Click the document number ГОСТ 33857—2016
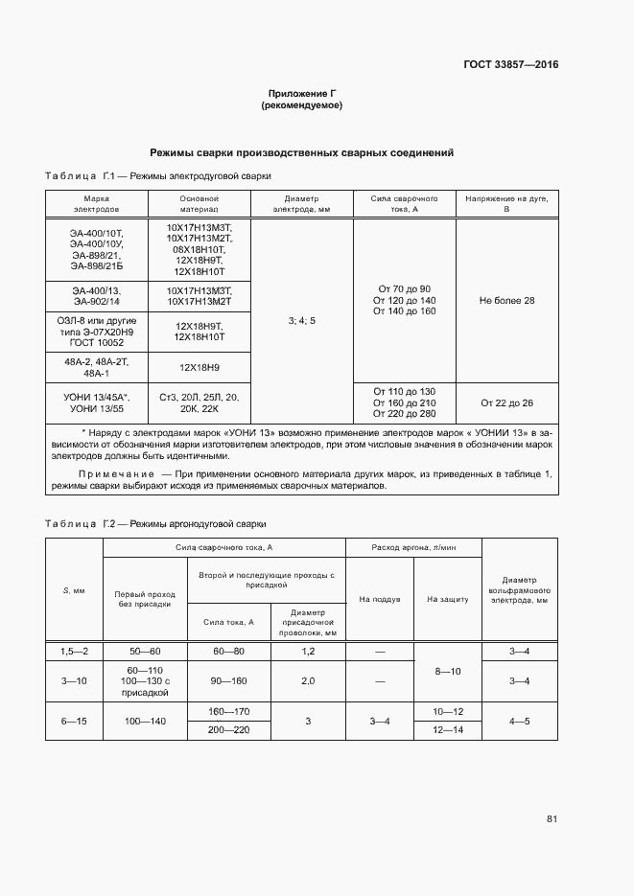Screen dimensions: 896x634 tap(509, 65)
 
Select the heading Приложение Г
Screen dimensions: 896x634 tap(302, 94)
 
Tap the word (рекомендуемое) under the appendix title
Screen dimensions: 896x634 tap(302, 105)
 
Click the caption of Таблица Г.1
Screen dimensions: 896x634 tap(158, 176)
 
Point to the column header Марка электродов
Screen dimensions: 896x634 tap(96, 202)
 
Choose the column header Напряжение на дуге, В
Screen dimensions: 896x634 tap(506, 202)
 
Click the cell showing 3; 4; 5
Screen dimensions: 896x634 tap(301, 319)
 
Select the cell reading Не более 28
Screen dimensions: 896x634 tap(506, 301)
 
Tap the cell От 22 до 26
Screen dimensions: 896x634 tap(506, 402)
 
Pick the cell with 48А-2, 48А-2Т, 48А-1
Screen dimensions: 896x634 tap(96, 367)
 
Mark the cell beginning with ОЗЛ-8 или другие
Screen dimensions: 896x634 tap(96, 331)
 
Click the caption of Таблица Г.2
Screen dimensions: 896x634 tap(155, 524)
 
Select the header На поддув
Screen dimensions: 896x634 tap(379, 599)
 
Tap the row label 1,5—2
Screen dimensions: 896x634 tap(74, 651)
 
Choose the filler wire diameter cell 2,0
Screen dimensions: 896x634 tap(308, 681)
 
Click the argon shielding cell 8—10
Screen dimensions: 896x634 tap(447, 671)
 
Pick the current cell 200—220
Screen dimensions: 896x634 tap(228, 729)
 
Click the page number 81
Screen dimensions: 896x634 tap(552, 818)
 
